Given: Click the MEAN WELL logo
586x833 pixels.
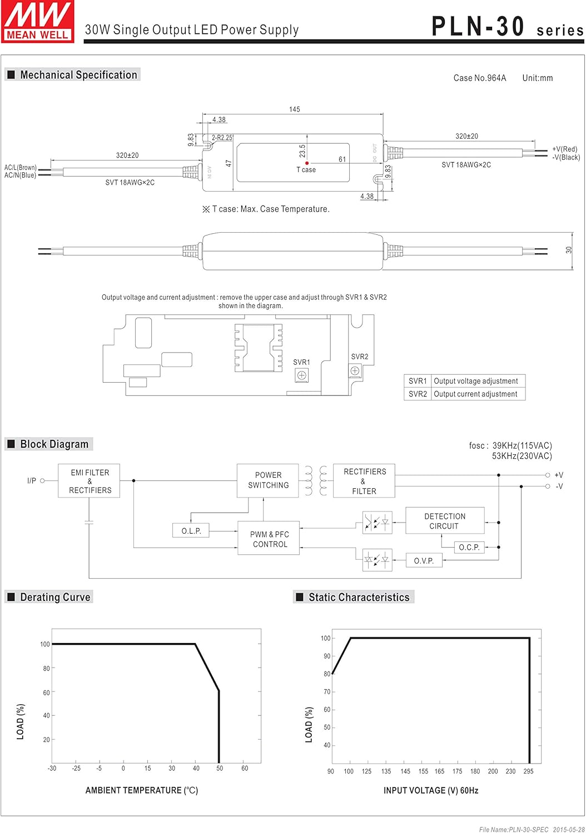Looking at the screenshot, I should click(x=38, y=21).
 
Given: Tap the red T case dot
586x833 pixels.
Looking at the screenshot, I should click(x=307, y=163).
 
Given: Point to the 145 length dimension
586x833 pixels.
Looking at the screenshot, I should click(x=294, y=109).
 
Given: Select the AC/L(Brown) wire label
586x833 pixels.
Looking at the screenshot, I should click(x=21, y=167).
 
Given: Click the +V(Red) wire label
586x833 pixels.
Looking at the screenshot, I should click(x=564, y=149).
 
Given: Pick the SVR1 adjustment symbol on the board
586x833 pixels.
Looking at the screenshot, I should click(x=301, y=375).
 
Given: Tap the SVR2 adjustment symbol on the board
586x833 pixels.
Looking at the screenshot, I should click(x=355, y=370).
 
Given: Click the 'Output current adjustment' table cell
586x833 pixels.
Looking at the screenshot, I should click(x=475, y=394).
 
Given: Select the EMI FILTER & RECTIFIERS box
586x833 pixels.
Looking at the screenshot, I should click(x=90, y=481).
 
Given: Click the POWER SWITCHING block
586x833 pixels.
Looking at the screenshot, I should click(x=268, y=480).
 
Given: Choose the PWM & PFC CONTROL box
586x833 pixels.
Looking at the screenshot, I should click(x=269, y=539).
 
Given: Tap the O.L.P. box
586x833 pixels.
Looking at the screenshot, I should click(x=191, y=531).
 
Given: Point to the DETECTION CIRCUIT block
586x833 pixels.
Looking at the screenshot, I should click(x=444, y=521).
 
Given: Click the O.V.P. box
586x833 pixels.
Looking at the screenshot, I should click(x=424, y=561).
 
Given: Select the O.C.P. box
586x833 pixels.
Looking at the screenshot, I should click(x=469, y=547).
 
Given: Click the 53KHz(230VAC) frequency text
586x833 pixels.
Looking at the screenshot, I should click(x=522, y=456).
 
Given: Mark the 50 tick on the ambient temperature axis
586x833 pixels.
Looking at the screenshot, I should click(x=220, y=768).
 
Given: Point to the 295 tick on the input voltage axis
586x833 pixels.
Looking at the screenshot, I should click(x=528, y=771).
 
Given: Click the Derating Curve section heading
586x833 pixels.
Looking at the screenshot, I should click(x=55, y=597).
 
